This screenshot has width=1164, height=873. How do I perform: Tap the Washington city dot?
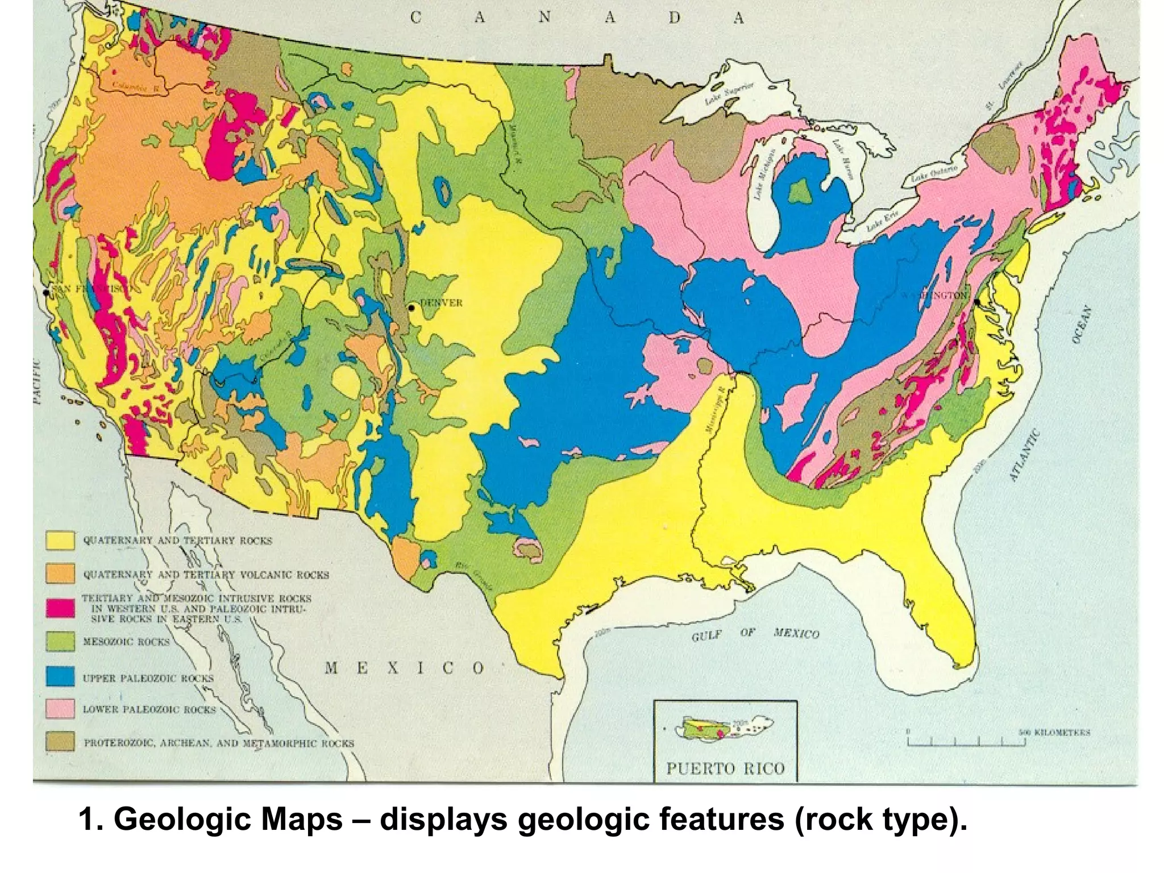point(976,302)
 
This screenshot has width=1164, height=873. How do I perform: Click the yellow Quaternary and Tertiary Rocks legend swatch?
point(60,540)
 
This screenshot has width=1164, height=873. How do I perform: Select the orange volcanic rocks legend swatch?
point(60,573)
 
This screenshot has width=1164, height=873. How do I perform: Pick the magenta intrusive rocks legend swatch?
point(60,608)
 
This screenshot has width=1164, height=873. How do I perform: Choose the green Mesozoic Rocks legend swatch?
point(60,642)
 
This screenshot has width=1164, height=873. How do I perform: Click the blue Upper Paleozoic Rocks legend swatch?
point(60,676)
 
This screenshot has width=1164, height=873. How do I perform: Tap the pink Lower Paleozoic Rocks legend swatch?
point(60,709)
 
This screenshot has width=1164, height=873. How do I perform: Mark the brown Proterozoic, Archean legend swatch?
point(60,742)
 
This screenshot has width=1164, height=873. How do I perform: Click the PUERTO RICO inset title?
point(725,769)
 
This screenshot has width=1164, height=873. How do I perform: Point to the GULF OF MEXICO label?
point(755,634)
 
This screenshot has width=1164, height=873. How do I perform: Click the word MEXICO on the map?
point(405,668)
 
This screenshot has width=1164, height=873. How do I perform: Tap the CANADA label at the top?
point(577,18)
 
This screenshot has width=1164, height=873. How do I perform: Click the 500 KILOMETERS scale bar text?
point(1054,732)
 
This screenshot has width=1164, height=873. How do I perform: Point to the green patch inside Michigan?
point(802,191)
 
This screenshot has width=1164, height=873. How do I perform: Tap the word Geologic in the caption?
point(228,820)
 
